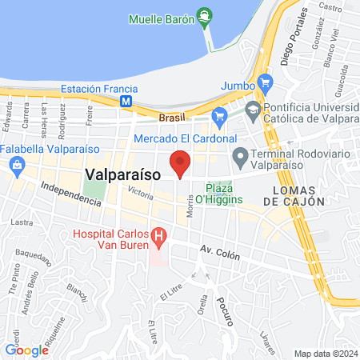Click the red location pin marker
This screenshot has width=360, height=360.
[x=180, y=163]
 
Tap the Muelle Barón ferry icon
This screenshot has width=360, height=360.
[x=205, y=13]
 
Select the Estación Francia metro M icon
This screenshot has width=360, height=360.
[x=126, y=102]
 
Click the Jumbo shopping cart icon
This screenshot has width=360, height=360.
[x=266, y=81]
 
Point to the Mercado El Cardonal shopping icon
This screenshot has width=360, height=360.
[x=219, y=117]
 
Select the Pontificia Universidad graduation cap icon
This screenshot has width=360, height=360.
[x=253, y=110]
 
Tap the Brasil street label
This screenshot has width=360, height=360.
[x=171, y=117]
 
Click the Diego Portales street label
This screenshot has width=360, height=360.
[x=294, y=40]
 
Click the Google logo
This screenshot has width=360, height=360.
[x=26, y=350]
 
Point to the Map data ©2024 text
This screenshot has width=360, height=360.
[x=324, y=353]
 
